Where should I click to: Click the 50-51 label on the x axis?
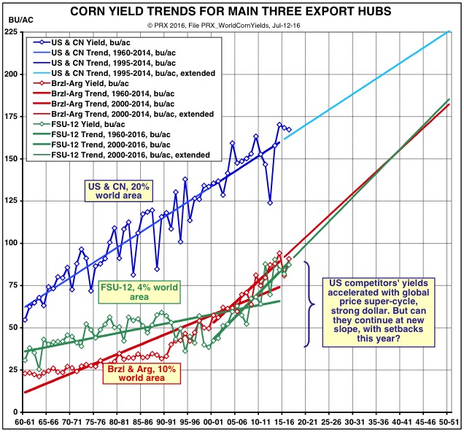click(448, 422)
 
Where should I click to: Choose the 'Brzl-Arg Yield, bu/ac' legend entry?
click(102, 82)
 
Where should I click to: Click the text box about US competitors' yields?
click(382, 303)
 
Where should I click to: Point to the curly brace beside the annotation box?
click(309, 304)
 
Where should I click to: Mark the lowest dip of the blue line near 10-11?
click(270, 203)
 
